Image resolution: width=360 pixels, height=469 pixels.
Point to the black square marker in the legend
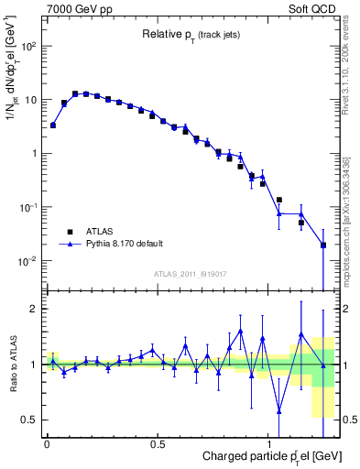pyautogui.click(x=67, y=231)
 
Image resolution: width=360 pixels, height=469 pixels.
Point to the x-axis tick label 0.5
pyautogui.click(x=157, y=444)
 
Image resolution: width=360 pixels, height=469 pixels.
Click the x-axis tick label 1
pyautogui.click(x=267, y=444)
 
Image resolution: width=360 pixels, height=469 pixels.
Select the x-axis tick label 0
pyautogui.click(x=47, y=444)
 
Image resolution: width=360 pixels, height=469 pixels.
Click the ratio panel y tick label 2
pyautogui.click(x=33, y=309)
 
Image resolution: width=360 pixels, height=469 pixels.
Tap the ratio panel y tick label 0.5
pyautogui.click(x=29, y=420)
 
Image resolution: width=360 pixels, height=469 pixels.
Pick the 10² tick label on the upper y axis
pyautogui.click(x=27, y=45)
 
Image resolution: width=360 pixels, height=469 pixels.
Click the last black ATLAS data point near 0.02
pyautogui.click(x=323, y=245)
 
